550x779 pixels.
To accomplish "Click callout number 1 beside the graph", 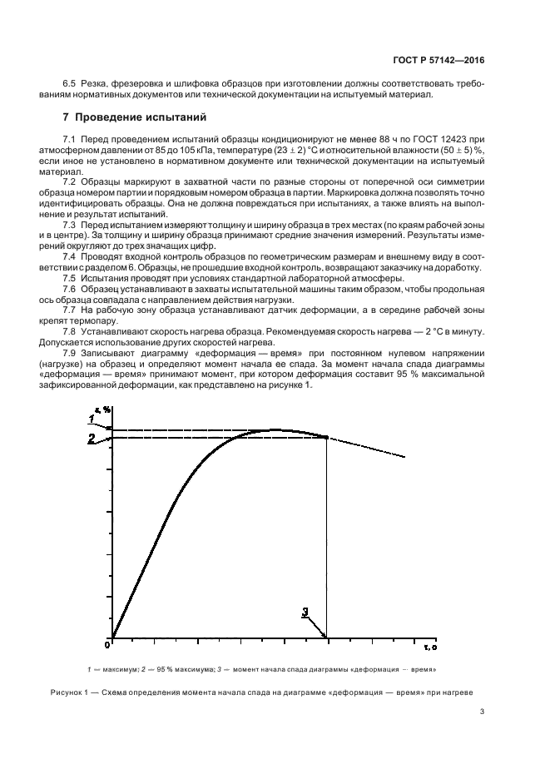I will click(x=92, y=419).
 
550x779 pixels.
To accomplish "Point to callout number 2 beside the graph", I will click(x=92, y=438).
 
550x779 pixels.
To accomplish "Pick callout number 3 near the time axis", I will click(x=305, y=612).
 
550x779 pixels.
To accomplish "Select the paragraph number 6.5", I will click(x=70, y=84).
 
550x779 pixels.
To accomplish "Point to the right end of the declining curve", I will click(x=405, y=457).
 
